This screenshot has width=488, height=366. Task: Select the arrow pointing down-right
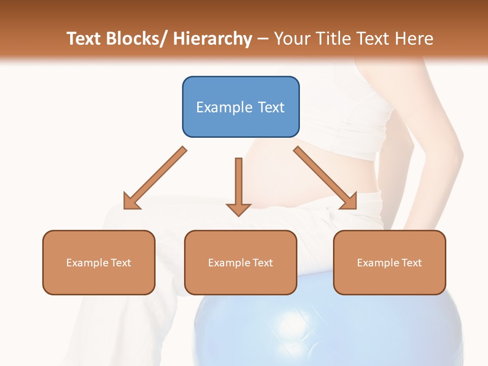(x=325, y=178)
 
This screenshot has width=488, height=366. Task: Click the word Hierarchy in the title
(x=212, y=39)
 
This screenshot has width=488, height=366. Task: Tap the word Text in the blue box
(x=270, y=107)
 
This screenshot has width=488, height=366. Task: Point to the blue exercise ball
(x=325, y=330)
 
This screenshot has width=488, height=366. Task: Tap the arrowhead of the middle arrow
(x=238, y=209)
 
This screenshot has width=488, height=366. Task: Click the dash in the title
(x=263, y=39)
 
